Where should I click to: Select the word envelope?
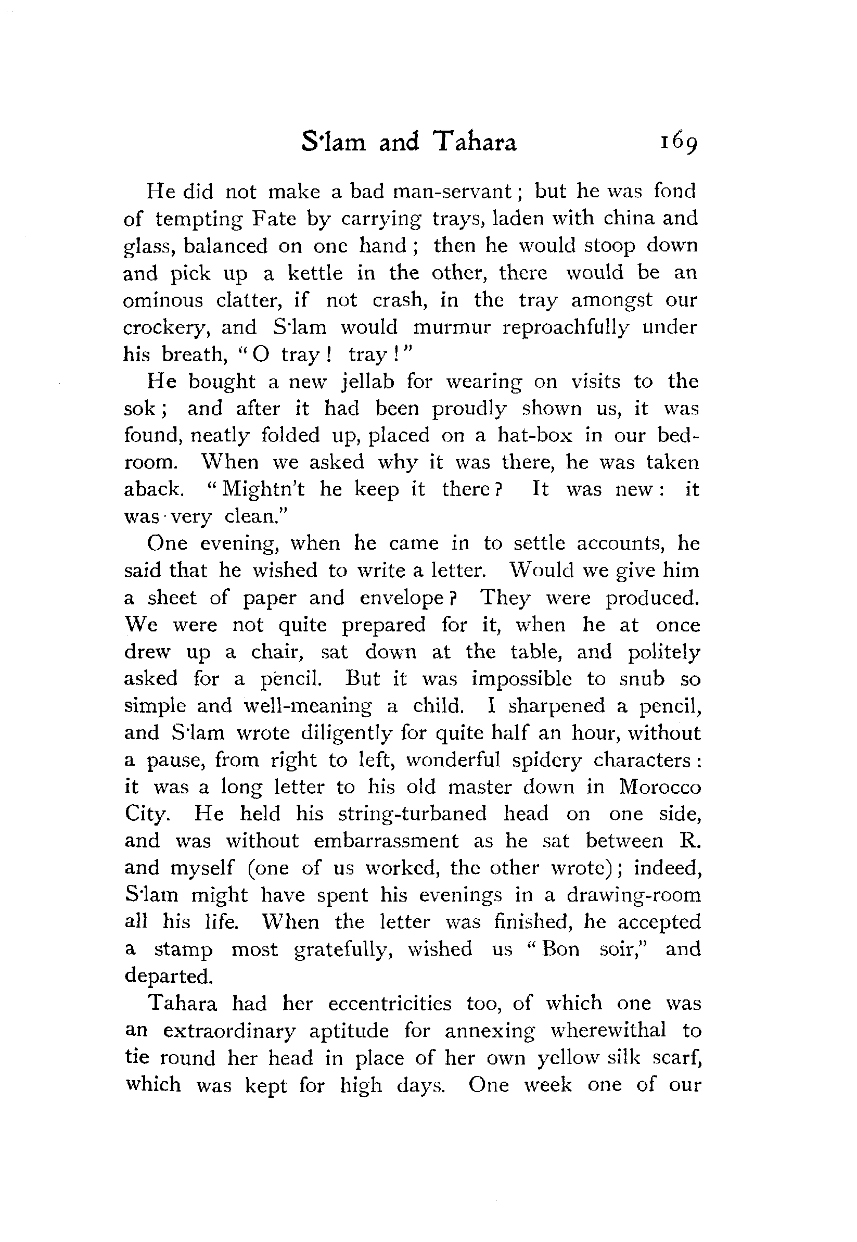click(x=401, y=598)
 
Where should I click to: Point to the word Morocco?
click(x=660, y=787)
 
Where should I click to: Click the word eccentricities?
click(x=390, y=1004)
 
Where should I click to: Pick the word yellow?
click(x=568, y=1058)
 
